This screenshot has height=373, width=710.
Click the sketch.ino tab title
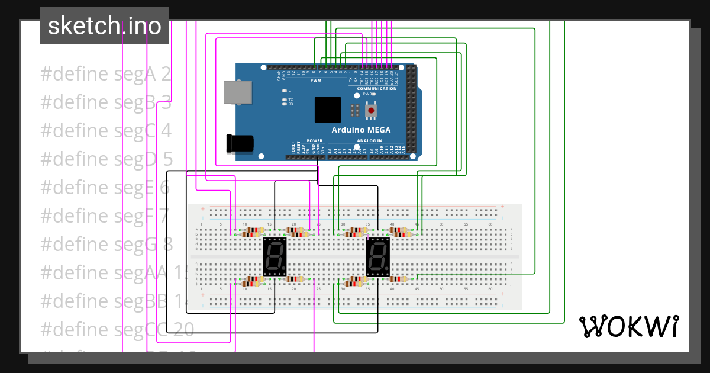pyautogui.click(x=105, y=26)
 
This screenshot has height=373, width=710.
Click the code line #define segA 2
pyautogui.click(x=106, y=75)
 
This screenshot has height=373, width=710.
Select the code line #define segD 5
pyautogui.click(x=106, y=159)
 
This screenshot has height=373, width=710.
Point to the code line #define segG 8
pyautogui.click(x=106, y=244)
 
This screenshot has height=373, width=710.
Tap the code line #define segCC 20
pyautogui.click(x=117, y=329)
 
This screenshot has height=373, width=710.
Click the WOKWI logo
pyautogui.click(x=628, y=326)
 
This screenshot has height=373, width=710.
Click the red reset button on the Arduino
pyautogui.click(x=371, y=111)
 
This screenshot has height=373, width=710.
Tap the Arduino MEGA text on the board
pyautogui.click(x=360, y=130)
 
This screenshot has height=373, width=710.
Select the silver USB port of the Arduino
pyautogui.click(x=237, y=94)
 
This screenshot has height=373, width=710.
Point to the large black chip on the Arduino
pyautogui.click(x=328, y=110)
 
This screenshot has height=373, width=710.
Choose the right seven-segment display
pyautogui.click(x=378, y=258)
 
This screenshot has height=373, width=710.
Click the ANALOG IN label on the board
pyautogui.click(x=369, y=141)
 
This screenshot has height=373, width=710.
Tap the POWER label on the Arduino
pyautogui.click(x=314, y=141)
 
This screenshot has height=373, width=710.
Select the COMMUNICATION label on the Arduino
pyautogui.click(x=376, y=88)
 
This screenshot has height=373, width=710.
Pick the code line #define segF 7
pyautogui.click(x=105, y=216)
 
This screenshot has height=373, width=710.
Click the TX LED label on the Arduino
pyautogui.click(x=291, y=99)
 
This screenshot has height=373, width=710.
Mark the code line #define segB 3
pyautogui.click(x=106, y=102)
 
